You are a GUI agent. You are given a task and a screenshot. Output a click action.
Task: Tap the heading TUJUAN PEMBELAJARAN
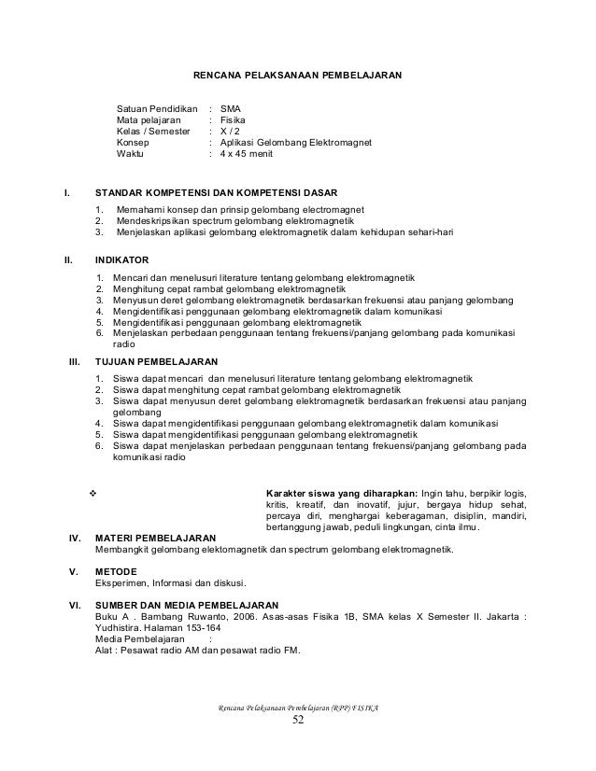pos(158,359)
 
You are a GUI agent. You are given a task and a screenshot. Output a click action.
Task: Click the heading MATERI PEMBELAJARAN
pos(156,539)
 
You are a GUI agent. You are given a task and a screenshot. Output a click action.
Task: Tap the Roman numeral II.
pos(67,259)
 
